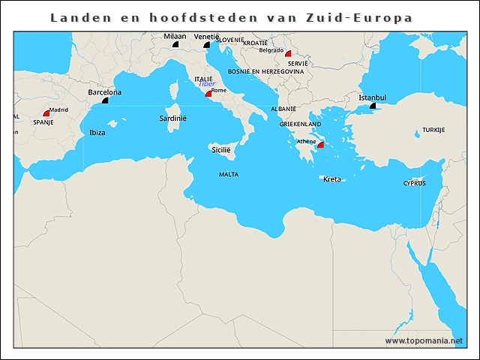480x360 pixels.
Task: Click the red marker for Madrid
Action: [x=46, y=113]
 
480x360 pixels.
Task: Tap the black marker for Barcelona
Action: [x=105, y=100]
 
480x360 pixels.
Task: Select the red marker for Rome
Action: [x=208, y=94]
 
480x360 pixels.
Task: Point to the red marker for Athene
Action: [x=320, y=145]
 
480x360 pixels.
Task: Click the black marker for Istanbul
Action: [x=373, y=106]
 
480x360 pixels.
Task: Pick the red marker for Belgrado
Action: [x=288, y=54]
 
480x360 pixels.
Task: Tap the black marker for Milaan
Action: [x=175, y=44]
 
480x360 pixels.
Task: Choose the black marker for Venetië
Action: [x=206, y=44]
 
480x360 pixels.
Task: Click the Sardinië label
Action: [x=173, y=118]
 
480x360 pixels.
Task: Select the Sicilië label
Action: [x=220, y=150]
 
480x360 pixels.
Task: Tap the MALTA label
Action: [x=229, y=174]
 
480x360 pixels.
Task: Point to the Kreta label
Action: [x=331, y=179]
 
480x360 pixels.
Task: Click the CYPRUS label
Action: [x=414, y=183]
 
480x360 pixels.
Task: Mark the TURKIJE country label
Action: [x=433, y=130]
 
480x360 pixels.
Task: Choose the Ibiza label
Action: [x=97, y=132]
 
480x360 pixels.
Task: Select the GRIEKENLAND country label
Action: [x=300, y=124]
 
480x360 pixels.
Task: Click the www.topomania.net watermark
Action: [x=424, y=340]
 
